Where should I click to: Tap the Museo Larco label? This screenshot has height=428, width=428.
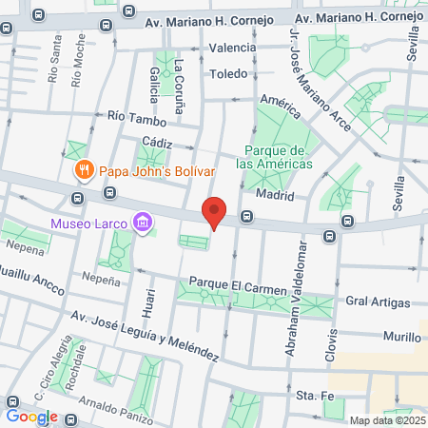pyautogui.click(x=91, y=224)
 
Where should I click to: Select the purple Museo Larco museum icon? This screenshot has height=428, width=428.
pyautogui.click(x=143, y=224)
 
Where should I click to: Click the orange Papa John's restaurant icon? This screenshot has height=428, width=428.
pyautogui.click(x=84, y=171)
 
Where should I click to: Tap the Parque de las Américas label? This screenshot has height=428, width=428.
pyautogui.click(x=275, y=157)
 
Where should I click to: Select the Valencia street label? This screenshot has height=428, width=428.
pyautogui.click(x=233, y=48)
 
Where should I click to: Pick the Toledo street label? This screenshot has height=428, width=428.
pyautogui.click(x=228, y=73)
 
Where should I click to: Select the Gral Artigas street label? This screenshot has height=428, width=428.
pyautogui.click(x=379, y=302)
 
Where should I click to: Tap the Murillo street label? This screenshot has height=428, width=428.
pyautogui.click(x=402, y=338)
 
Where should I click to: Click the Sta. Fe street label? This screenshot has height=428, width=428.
pyautogui.click(x=312, y=394)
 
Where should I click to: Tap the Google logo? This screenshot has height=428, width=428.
pyautogui.click(x=31, y=416)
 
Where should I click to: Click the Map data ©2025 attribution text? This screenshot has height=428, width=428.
pyautogui.click(x=386, y=420)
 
